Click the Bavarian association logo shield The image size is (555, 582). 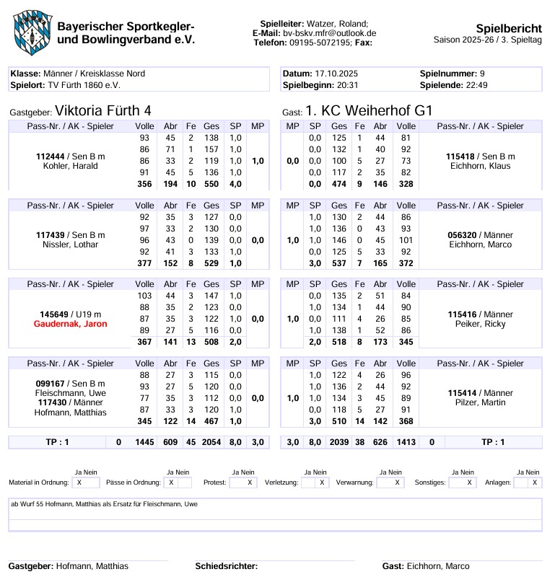pyautogui.click(x=30, y=32)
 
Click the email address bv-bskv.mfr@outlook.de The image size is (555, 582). pyautogui.click(x=329, y=33)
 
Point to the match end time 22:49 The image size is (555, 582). pyautogui.click(x=474, y=84)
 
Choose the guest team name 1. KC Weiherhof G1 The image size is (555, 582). pyautogui.click(x=368, y=111)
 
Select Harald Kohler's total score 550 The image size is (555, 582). pyautogui.click(x=211, y=185)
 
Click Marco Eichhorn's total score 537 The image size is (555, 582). pyautogui.click(x=339, y=263)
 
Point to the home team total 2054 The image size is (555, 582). pyautogui.click(x=211, y=442)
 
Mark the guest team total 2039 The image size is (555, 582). pyautogui.click(x=339, y=442)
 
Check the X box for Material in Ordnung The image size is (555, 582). pyautogui.click(x=78, y=482)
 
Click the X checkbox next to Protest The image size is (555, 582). pyautogui.click(x=249, y=482)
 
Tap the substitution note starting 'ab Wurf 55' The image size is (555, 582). pyautogui.click(x=105, y=504)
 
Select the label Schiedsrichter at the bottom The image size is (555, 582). pyautogui.click(x=226, y=566)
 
